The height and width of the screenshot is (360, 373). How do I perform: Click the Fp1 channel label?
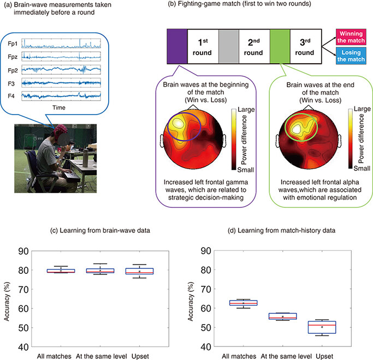click(x=13, y=44)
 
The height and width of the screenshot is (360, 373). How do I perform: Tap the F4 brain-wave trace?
click(x=61, y=96)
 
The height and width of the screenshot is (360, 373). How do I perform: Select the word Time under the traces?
click(x=59, y=107)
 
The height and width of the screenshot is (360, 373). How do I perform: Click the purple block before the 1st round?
click(x=177, y=46)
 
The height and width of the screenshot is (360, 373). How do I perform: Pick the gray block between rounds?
click(x=229, y=46)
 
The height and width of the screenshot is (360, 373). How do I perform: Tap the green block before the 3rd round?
click(x=280, y=46)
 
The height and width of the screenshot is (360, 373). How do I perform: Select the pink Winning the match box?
click(x=351, y=37)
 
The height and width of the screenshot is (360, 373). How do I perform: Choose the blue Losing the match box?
click(x=351, y=56)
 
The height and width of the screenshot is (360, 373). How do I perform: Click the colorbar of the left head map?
click(x=234, y=139)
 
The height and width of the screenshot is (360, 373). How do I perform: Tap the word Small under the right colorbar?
click(x=362, y=169)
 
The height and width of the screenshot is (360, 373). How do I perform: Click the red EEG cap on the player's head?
click(x=60, y=131)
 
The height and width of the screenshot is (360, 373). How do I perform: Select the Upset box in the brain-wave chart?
click(x=139, y=271)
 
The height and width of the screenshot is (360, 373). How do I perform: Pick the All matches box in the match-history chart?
click(x=244, y=303)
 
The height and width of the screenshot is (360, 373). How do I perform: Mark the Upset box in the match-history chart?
click(x=322, y=327)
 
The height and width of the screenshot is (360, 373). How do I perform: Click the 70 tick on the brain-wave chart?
click(x=23, y=290)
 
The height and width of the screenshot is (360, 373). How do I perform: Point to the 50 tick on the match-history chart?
click(x=206, y=327)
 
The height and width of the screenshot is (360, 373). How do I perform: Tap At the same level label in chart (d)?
click(x=286, y=356)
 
